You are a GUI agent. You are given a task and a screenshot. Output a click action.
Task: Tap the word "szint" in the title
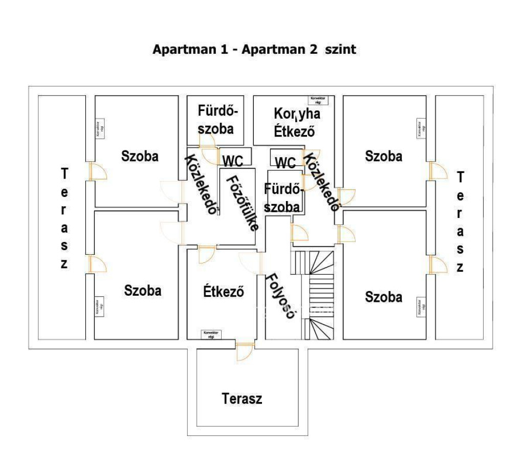pyautogui.click(x=339, y=50)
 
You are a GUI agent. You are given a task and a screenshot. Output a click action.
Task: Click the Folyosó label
pyautogui.click(x=280, y=297)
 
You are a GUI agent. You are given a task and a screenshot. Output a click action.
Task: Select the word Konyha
pyautogui.click(x=297, y=114)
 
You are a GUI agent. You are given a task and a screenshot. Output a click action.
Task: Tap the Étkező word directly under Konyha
pyautogui.click(x=293, y=130)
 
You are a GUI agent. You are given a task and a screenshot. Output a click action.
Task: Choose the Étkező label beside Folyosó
pyautogui.click(x=223, y=293)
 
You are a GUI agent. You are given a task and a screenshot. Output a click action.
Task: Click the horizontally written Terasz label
pyautogui.click(x=242, y=399)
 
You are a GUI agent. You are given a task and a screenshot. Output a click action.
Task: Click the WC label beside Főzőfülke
pyautogui.click(x=232, y=160)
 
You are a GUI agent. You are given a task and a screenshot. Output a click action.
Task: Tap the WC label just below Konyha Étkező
pyautogui.click(x=286, y=163)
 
